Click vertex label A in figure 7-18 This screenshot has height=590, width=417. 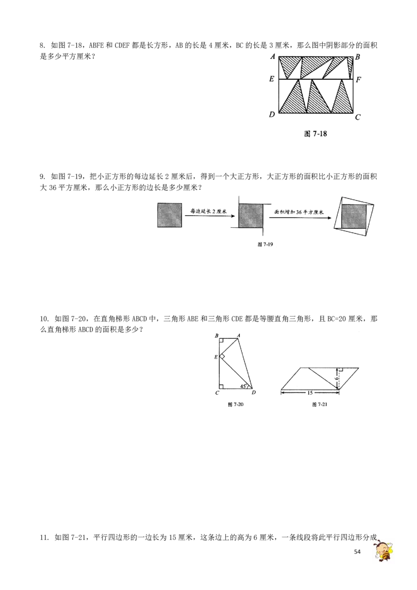[273, 57]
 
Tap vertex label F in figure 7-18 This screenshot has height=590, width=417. [358, 79]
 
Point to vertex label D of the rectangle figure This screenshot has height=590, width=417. [272, 114]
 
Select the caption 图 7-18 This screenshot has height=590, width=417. [315, 134]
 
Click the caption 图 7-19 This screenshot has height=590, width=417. [265, 244]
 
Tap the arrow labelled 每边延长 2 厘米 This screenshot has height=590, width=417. [209, 216]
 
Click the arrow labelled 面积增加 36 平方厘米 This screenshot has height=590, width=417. [300, 217]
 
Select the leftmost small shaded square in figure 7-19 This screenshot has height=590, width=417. [169, 215]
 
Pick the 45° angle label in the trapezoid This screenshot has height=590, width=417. [243, 386]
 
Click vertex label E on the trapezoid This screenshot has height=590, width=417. [216, 357]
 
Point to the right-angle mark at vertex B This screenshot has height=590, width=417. [222, 341]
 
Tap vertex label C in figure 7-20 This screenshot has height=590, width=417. [217, 393]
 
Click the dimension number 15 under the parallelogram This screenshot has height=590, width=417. [310, 393]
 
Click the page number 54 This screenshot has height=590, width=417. [357, 551]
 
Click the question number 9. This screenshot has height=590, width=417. [43, 177]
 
